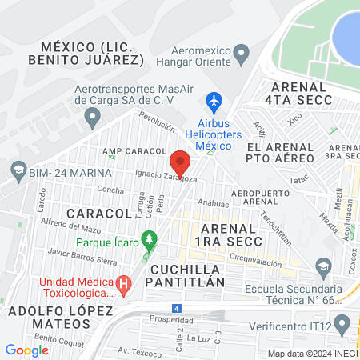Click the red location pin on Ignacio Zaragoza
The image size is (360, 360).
pyautogui.click(x=181, y=163)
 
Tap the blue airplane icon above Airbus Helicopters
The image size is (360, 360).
pyautogui.click(x=213, y=102)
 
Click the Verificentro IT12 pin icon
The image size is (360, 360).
pyautogui.click(x=342, y=325)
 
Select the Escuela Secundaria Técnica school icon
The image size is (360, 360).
pyautogui.click(x=323, y=266)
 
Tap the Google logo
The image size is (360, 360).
pyautogui.click(x=26, y=350)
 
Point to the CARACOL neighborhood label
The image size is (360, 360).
pyautogui.click(x=98, y=214)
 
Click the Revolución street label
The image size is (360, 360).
pyautogui.click(x=157, y=121)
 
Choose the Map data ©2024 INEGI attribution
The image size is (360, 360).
pyautogui.click(x=311, y=353)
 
